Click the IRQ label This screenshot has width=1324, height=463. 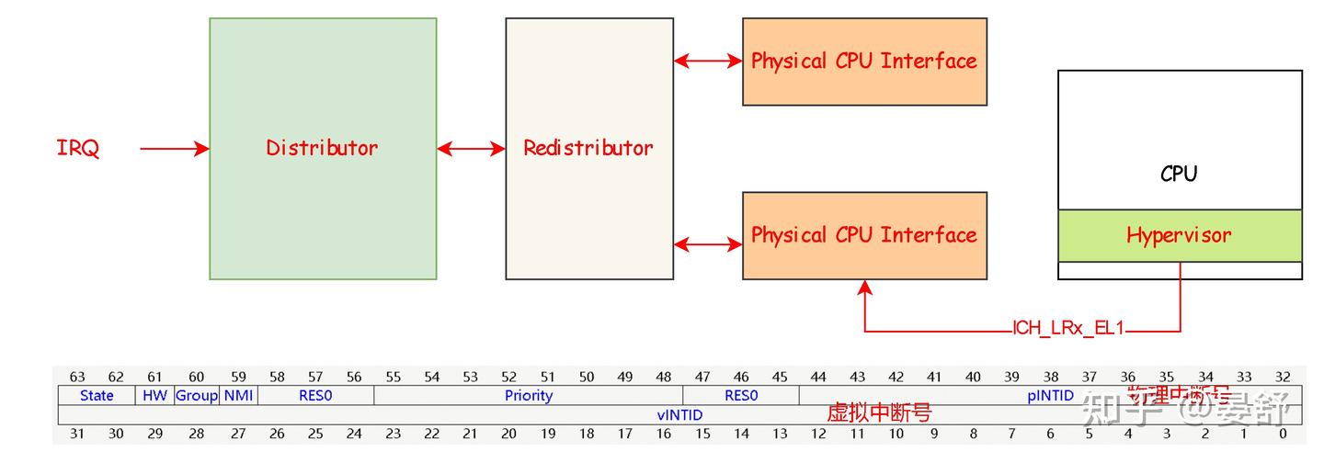(x=78, y=148)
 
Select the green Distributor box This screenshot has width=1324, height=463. (x=323, y=148)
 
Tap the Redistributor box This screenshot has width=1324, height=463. (x=588, y=148)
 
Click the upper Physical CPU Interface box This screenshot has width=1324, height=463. (x=864, y=62)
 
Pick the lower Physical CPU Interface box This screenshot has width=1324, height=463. (x=864, y=235)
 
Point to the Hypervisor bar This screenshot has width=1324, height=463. (x=1179, y=235)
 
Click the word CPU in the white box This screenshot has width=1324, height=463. (x=1179, y=174)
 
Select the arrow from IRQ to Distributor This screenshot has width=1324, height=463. (x=175, y=148)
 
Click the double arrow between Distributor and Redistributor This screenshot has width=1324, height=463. (x=471, y=148)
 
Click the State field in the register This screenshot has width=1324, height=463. (x=97, y=396)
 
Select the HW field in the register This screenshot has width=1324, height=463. (x=154, y=396)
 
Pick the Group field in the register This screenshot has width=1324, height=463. (x=196, y=396)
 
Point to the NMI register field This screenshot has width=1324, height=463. (x=238, y=396)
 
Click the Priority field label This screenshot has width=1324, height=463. (x=529, y=396)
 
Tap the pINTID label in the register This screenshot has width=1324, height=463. (x=1050, y=396)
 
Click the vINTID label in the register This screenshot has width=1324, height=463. (x=679, y=415)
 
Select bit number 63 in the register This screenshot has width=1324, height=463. (x=77, y=377)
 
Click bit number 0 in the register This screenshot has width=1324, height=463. (x=1283, y=435)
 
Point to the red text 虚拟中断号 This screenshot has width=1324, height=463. (x=879, y=413)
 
